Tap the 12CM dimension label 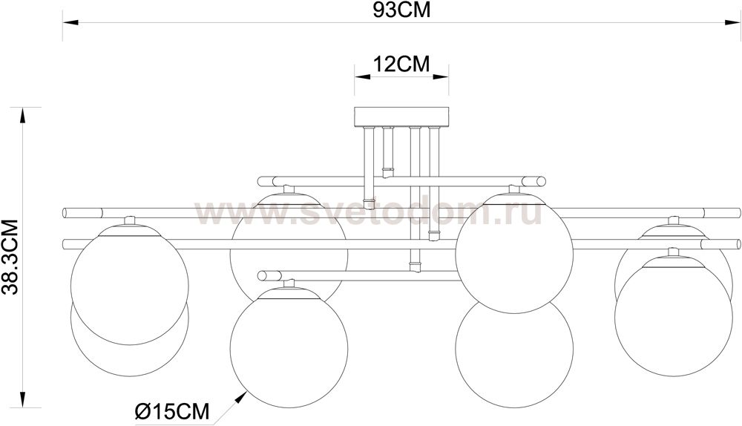[x=401, y=64]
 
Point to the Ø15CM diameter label [x=171, y=409]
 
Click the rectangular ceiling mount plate [x=401, y=117]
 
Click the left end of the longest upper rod [x=68, y=212]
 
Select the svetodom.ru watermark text [x=369, y=213]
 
